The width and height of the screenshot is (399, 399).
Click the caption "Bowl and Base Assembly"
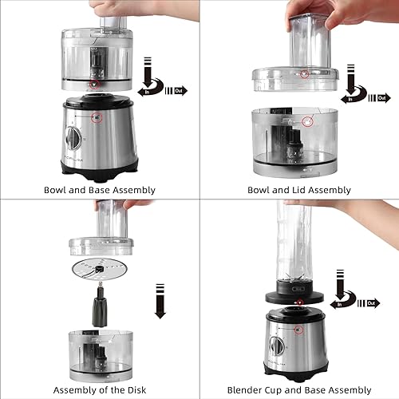point(100,190)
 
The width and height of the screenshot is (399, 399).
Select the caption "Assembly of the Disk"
point(100,390)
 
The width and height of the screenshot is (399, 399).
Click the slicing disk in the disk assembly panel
point(100,270)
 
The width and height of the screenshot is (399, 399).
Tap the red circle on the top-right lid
point(304,74)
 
